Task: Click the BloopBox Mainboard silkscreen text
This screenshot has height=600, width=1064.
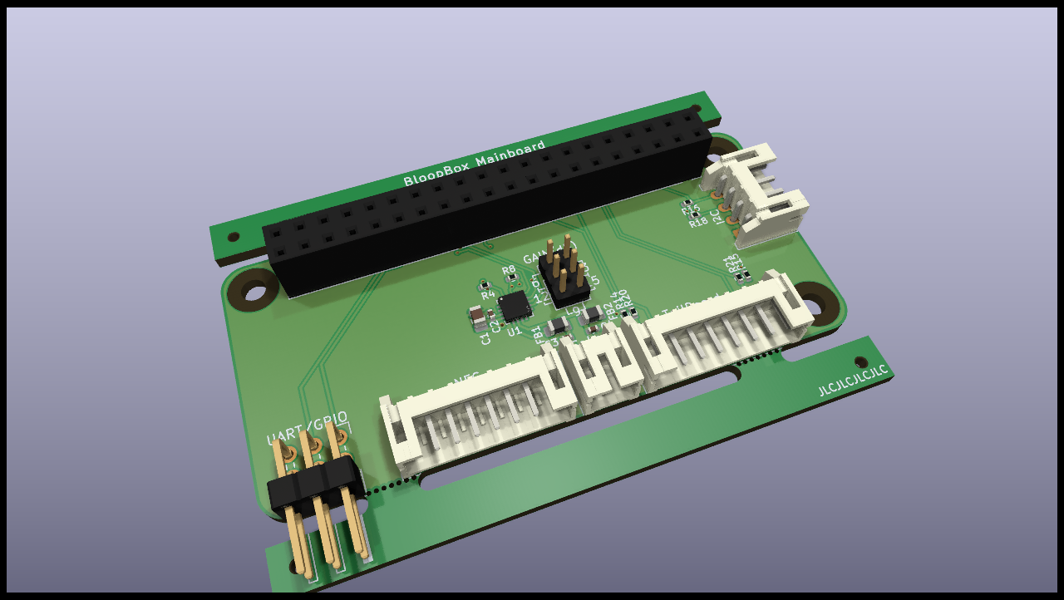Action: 475,165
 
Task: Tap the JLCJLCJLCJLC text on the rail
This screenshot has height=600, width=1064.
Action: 853,380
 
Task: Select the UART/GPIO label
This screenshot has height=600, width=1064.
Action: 307,427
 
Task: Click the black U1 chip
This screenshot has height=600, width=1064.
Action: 515,305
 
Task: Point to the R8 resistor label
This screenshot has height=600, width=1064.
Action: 509,270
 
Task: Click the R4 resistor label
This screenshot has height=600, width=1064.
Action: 488,294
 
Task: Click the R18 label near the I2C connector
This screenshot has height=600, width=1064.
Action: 698,222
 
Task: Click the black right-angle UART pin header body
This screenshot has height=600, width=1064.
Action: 314,484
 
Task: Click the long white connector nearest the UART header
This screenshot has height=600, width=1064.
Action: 478,416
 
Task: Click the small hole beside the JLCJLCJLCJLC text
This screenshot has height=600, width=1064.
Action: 861,361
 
